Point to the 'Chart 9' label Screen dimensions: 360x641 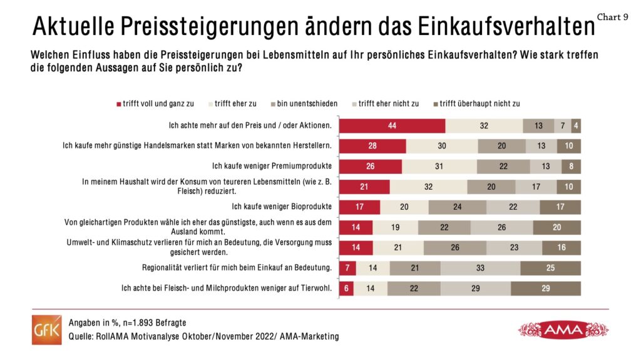click(x=613, y=17)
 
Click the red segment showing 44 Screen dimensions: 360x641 click(x=392, y=125)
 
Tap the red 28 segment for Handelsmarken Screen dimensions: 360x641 click(x=372, y=146)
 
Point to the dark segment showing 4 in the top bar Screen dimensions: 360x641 click(x=576, y=125)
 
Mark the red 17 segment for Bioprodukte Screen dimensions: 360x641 click(x=359, y=207)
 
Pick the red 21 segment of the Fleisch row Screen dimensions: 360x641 click(x=364, y=187)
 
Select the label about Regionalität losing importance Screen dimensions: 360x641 click(x=237, y=268)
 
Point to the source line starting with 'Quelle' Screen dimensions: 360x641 click(x=203, y=337)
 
